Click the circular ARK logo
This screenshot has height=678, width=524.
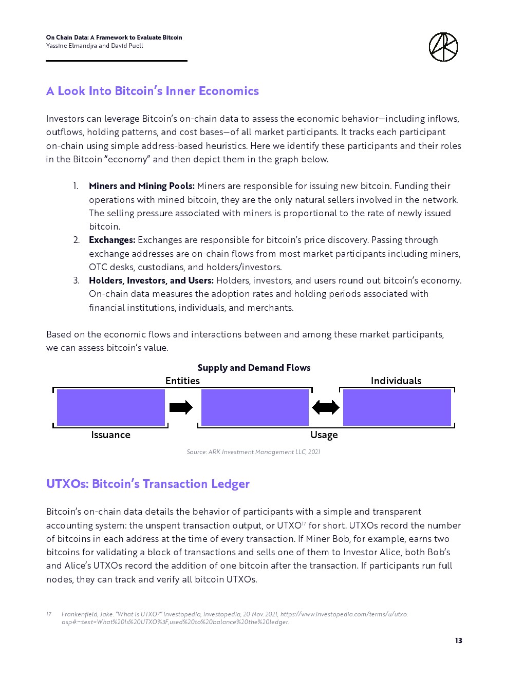(x=443, y=47)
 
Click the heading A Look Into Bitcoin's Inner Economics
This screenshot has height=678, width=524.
(x=153, y=91)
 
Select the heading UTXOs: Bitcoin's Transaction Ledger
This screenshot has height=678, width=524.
(x=148, y=484)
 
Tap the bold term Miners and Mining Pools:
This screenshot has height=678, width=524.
(x=142, y=186)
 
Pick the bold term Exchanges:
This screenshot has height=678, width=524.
(x=112, y=240)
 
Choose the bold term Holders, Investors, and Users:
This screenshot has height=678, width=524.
(x=151, y=280)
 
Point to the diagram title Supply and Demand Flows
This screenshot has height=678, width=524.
(x=254, y=368)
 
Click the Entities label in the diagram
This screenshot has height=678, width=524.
(x=182, y=381)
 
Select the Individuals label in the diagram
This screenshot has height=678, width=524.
(x=396, y=381)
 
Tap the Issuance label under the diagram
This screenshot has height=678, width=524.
(x=110, y=435)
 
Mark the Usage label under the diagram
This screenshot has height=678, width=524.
(x=324, y=435)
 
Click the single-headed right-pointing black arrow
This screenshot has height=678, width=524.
(x=181, y=407)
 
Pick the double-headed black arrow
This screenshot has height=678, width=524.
(x=326, y=407)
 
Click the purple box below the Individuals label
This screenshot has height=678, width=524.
(x=397, y=407)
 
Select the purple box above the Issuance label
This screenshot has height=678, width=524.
(x=110, y=407)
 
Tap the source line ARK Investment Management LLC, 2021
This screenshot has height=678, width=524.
(x=253, y=452)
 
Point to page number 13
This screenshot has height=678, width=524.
(x=458, y=641)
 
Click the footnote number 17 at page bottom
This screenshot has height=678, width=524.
(x=49, y=614)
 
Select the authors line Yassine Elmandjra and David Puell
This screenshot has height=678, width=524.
(x=95, y=46)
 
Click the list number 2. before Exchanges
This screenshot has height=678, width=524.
(x=76, y=240)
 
